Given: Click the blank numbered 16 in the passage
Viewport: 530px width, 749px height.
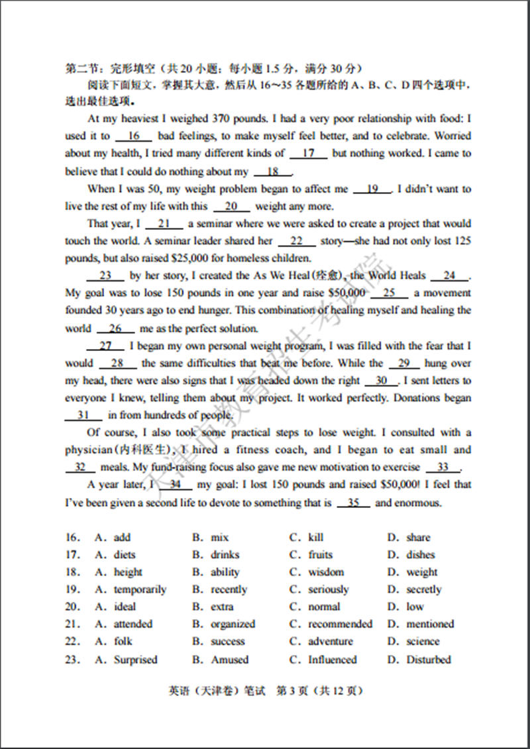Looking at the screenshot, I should tap(134, 136).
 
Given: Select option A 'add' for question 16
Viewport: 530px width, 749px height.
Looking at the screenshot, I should tap(122, 538).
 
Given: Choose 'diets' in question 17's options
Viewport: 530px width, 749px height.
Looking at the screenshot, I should tap(124, 555).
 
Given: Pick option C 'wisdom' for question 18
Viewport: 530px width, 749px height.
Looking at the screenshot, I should tap(326, 572).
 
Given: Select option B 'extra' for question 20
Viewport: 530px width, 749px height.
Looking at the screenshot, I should tap(222, 607).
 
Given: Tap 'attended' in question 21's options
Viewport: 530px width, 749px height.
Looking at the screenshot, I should tap(132, 624).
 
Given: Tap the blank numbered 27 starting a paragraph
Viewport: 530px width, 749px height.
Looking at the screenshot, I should tap(105, 346).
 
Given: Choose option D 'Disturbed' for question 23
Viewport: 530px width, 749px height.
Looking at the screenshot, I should tap(429, 660).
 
